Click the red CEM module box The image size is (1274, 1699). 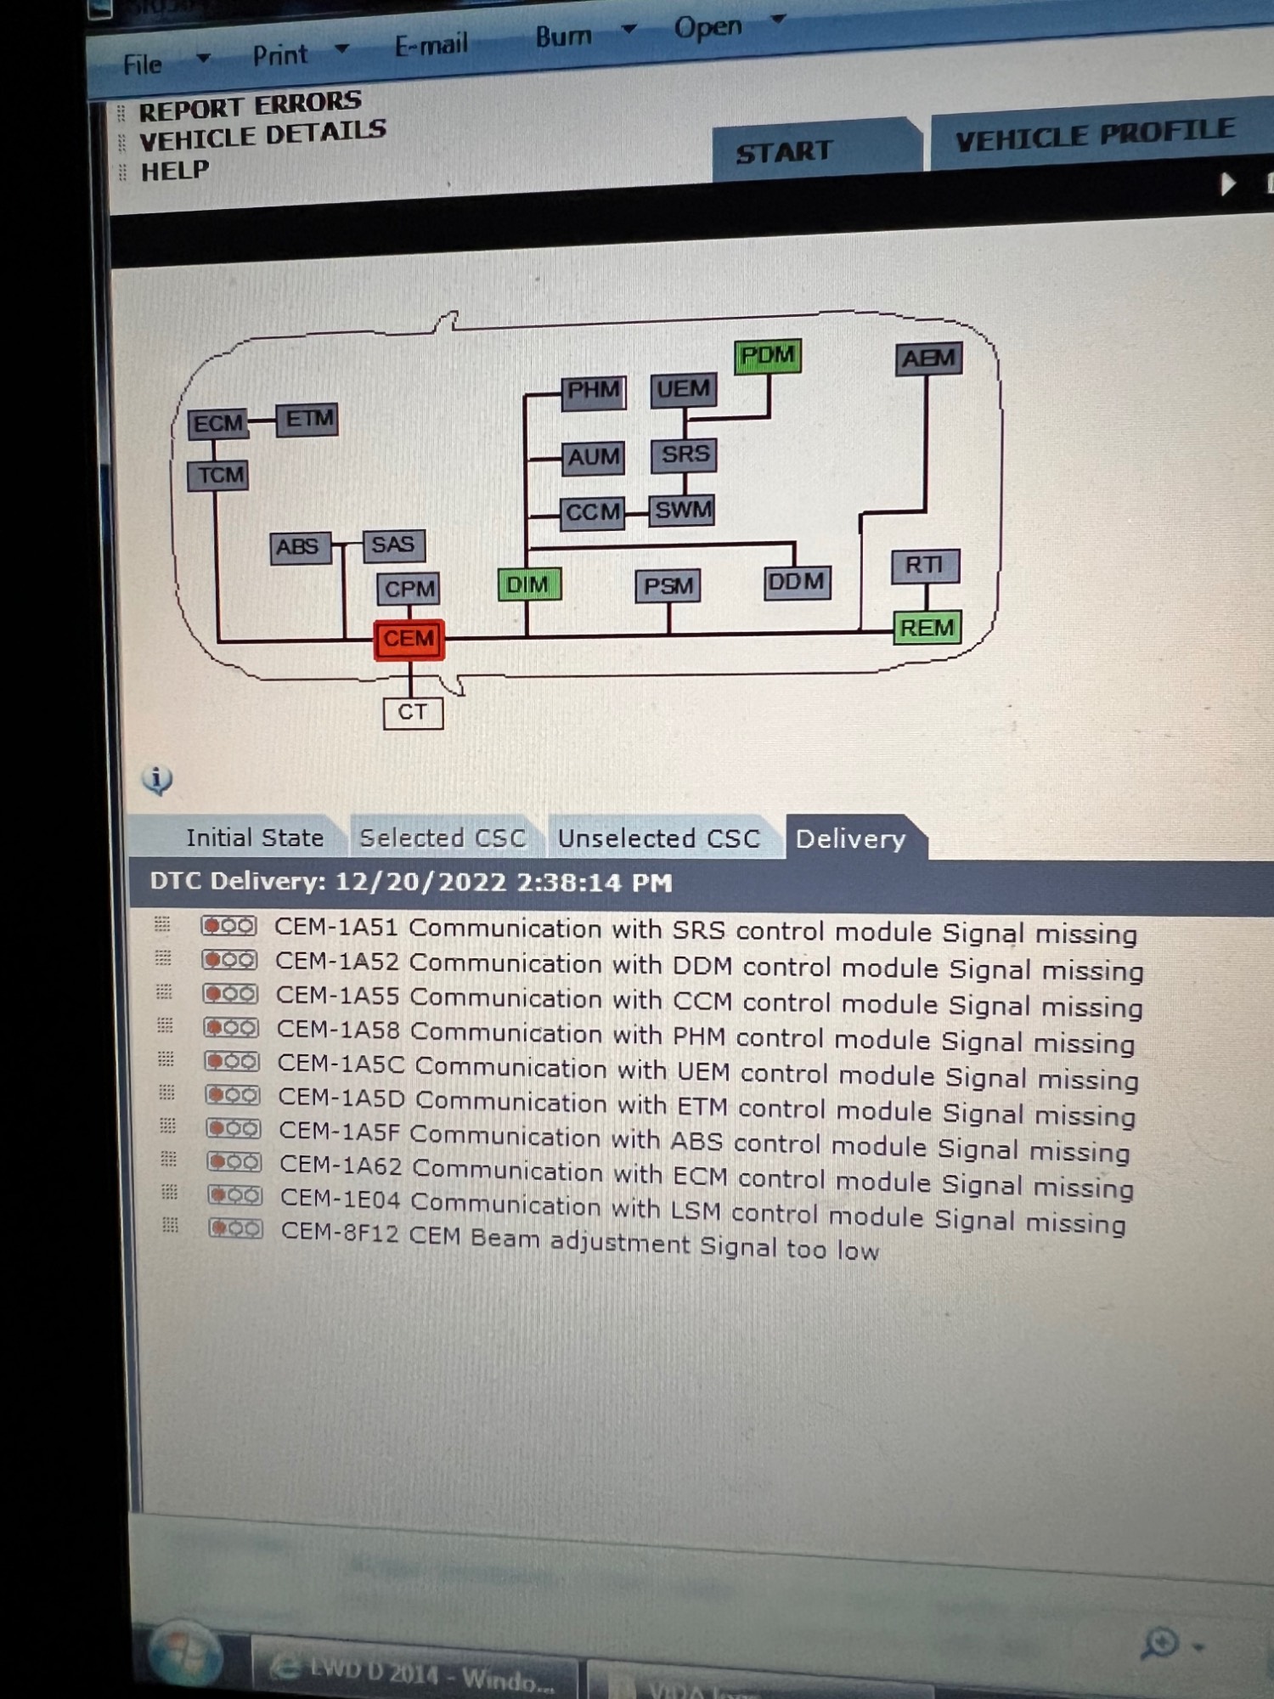[409, 640]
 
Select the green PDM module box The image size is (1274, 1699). [768, 356]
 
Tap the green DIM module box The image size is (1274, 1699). [528, 585]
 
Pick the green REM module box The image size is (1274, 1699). [927, 629]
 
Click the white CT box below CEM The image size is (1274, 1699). [413, 713]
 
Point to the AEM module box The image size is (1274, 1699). [929, 358]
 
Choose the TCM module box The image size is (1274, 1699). [219, 475]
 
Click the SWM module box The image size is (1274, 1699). [682, 511]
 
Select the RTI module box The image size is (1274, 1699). [925, 566]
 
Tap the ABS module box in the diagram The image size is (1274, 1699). [299, 546]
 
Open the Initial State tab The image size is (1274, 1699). [254, 838]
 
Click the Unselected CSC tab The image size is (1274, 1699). [658, 839]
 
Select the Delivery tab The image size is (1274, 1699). [850, 839]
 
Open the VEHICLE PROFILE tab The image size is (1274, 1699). [1094, 134]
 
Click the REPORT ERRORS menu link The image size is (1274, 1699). [250, 105]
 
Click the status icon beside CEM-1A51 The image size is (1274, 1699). [228, 926]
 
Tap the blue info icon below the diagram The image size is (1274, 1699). [157, 779]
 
